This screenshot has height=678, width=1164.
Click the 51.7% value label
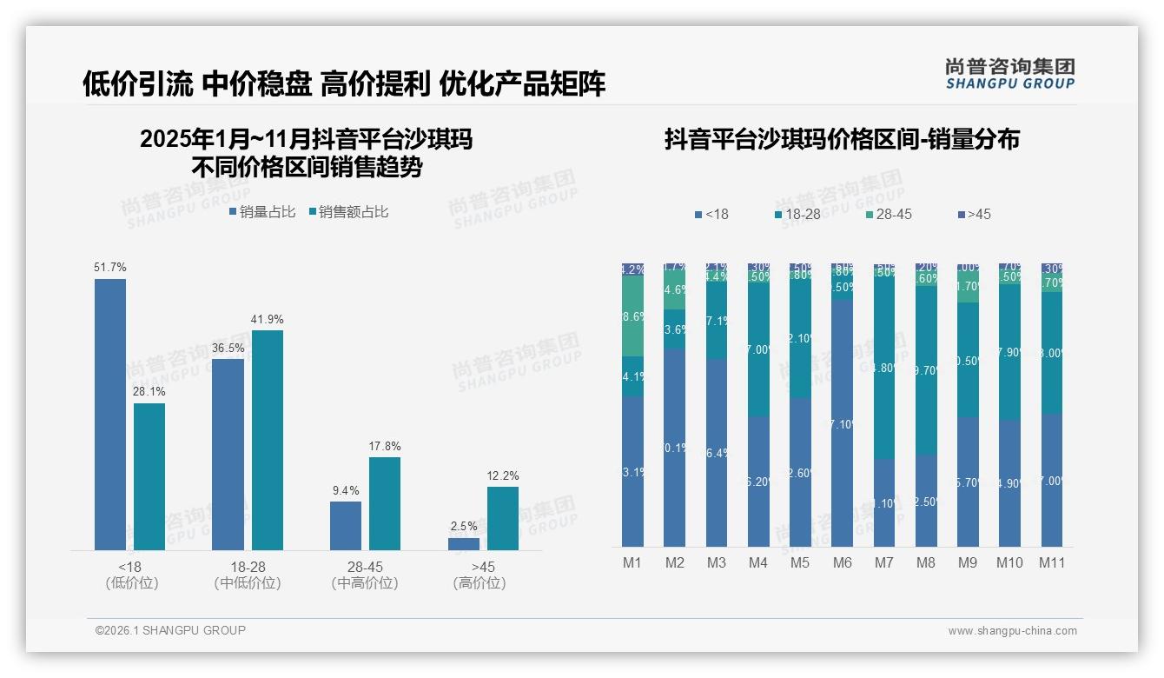110,268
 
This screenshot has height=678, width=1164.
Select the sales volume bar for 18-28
228,454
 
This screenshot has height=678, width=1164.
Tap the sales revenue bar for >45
502,518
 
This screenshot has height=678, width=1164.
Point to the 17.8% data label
385,447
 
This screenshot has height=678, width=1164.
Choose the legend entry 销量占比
262,212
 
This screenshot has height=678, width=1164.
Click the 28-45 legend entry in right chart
889,214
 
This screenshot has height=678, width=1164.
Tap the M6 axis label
842,562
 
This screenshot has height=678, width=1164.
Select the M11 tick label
1052,562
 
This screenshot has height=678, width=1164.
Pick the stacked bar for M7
883,405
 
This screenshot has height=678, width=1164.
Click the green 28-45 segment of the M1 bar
633,317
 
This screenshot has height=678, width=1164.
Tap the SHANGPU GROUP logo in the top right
1009,74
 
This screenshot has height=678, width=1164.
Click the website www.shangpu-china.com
1012,631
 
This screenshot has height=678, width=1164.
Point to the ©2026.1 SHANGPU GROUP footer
170,630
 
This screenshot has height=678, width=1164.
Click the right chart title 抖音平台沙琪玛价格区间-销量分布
842,139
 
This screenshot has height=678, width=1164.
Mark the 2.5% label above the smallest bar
464,527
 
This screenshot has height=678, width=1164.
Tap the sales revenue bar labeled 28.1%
149,476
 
